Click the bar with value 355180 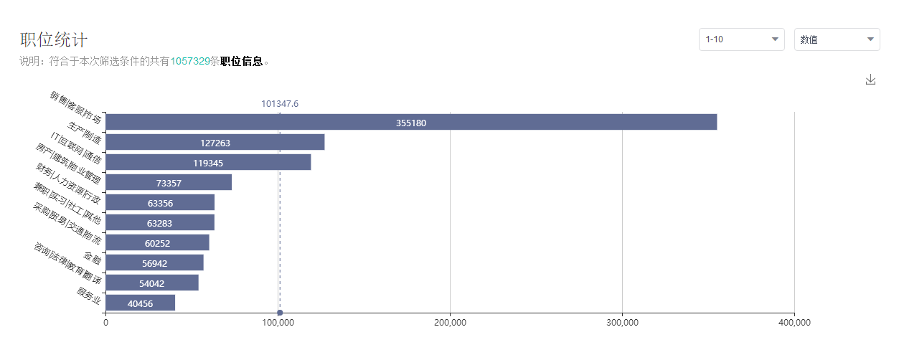(411, 122)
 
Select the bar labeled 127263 (215, 142)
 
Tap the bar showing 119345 (208, 162)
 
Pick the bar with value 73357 (169, 182)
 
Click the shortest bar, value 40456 (140, 303)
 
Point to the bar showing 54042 (152, 283)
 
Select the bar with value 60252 (157, 242)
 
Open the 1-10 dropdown (741, 39)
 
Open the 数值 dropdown (837, 39)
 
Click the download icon (870, 80)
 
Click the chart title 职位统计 (54, 40)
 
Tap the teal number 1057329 (190, 62)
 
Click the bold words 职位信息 (241, 62)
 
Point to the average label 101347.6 (279, 104)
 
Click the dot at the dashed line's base (280, 313)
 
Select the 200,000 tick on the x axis (450, 323)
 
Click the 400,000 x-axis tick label (794, 323)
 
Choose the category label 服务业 (90, 295)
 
